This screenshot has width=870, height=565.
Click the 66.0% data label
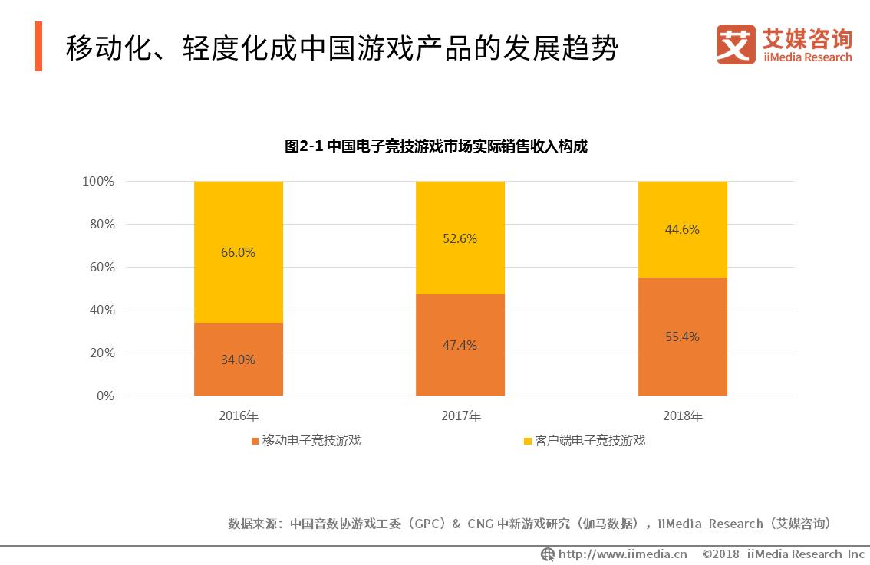239,252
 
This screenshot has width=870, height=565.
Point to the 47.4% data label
460,345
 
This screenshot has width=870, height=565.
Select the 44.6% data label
682,229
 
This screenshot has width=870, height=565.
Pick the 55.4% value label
682,337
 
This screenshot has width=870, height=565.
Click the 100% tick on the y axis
98,182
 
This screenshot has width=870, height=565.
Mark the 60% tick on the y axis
101,268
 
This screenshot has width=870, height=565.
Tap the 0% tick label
104,396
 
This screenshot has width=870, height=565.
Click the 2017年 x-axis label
460,416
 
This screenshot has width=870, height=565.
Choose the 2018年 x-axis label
682,416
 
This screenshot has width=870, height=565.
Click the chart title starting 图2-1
435,146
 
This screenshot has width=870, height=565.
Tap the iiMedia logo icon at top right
736,44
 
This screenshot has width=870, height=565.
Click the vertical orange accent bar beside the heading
38,47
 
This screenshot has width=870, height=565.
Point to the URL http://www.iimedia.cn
622,554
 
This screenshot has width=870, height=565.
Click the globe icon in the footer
548,554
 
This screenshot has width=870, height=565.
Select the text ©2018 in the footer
721,554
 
